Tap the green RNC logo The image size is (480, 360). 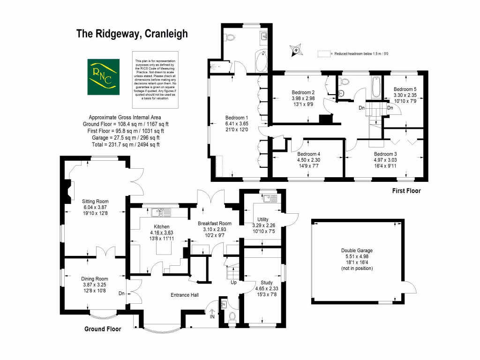coord(102,76)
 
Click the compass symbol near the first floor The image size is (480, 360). coord(296,49)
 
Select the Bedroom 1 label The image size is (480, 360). coord(236,118)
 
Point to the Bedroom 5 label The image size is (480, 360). coord(405,89)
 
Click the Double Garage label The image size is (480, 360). coord(357,251)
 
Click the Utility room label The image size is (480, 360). coord(263,219)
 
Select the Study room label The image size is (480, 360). coord(266,283)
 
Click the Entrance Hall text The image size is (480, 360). coord(184,295)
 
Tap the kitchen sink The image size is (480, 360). coord(160,212)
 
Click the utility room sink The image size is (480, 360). coord(268,198)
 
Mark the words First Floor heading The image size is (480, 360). coord(406,191)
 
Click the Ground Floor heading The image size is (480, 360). coord(102,329)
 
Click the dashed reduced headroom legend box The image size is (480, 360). coord(323,53)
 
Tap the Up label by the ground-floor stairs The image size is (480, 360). coord(233,283)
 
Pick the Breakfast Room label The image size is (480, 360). coord(215,223)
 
